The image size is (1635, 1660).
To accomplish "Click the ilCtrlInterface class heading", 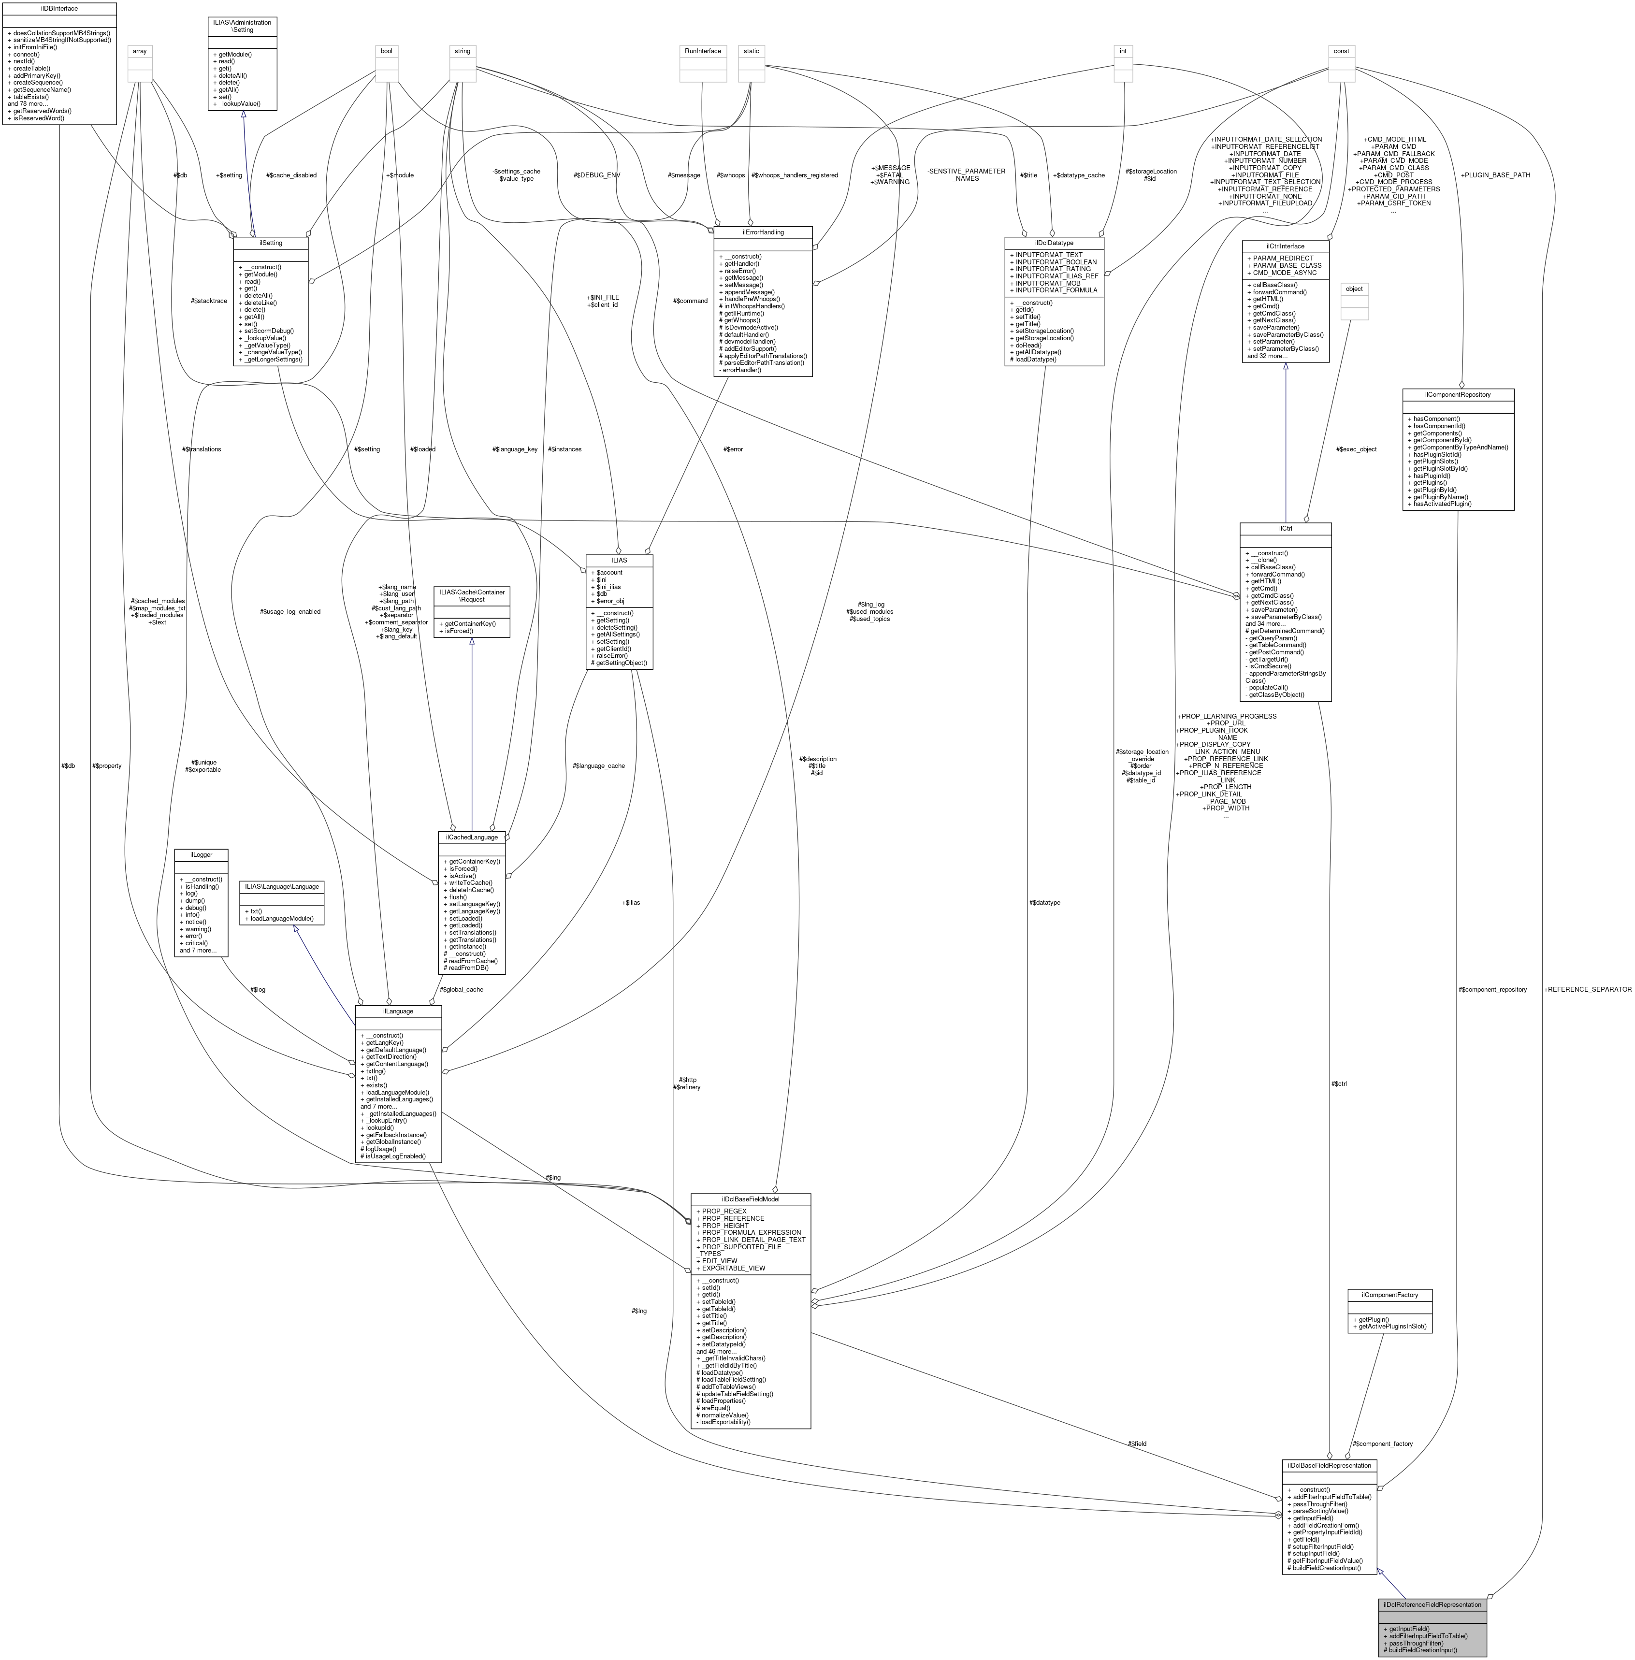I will (x=1286, y=245).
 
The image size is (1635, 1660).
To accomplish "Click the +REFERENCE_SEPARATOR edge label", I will (x=1587, y=989).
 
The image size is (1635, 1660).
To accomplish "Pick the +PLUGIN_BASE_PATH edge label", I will (x=1495, y=175).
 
